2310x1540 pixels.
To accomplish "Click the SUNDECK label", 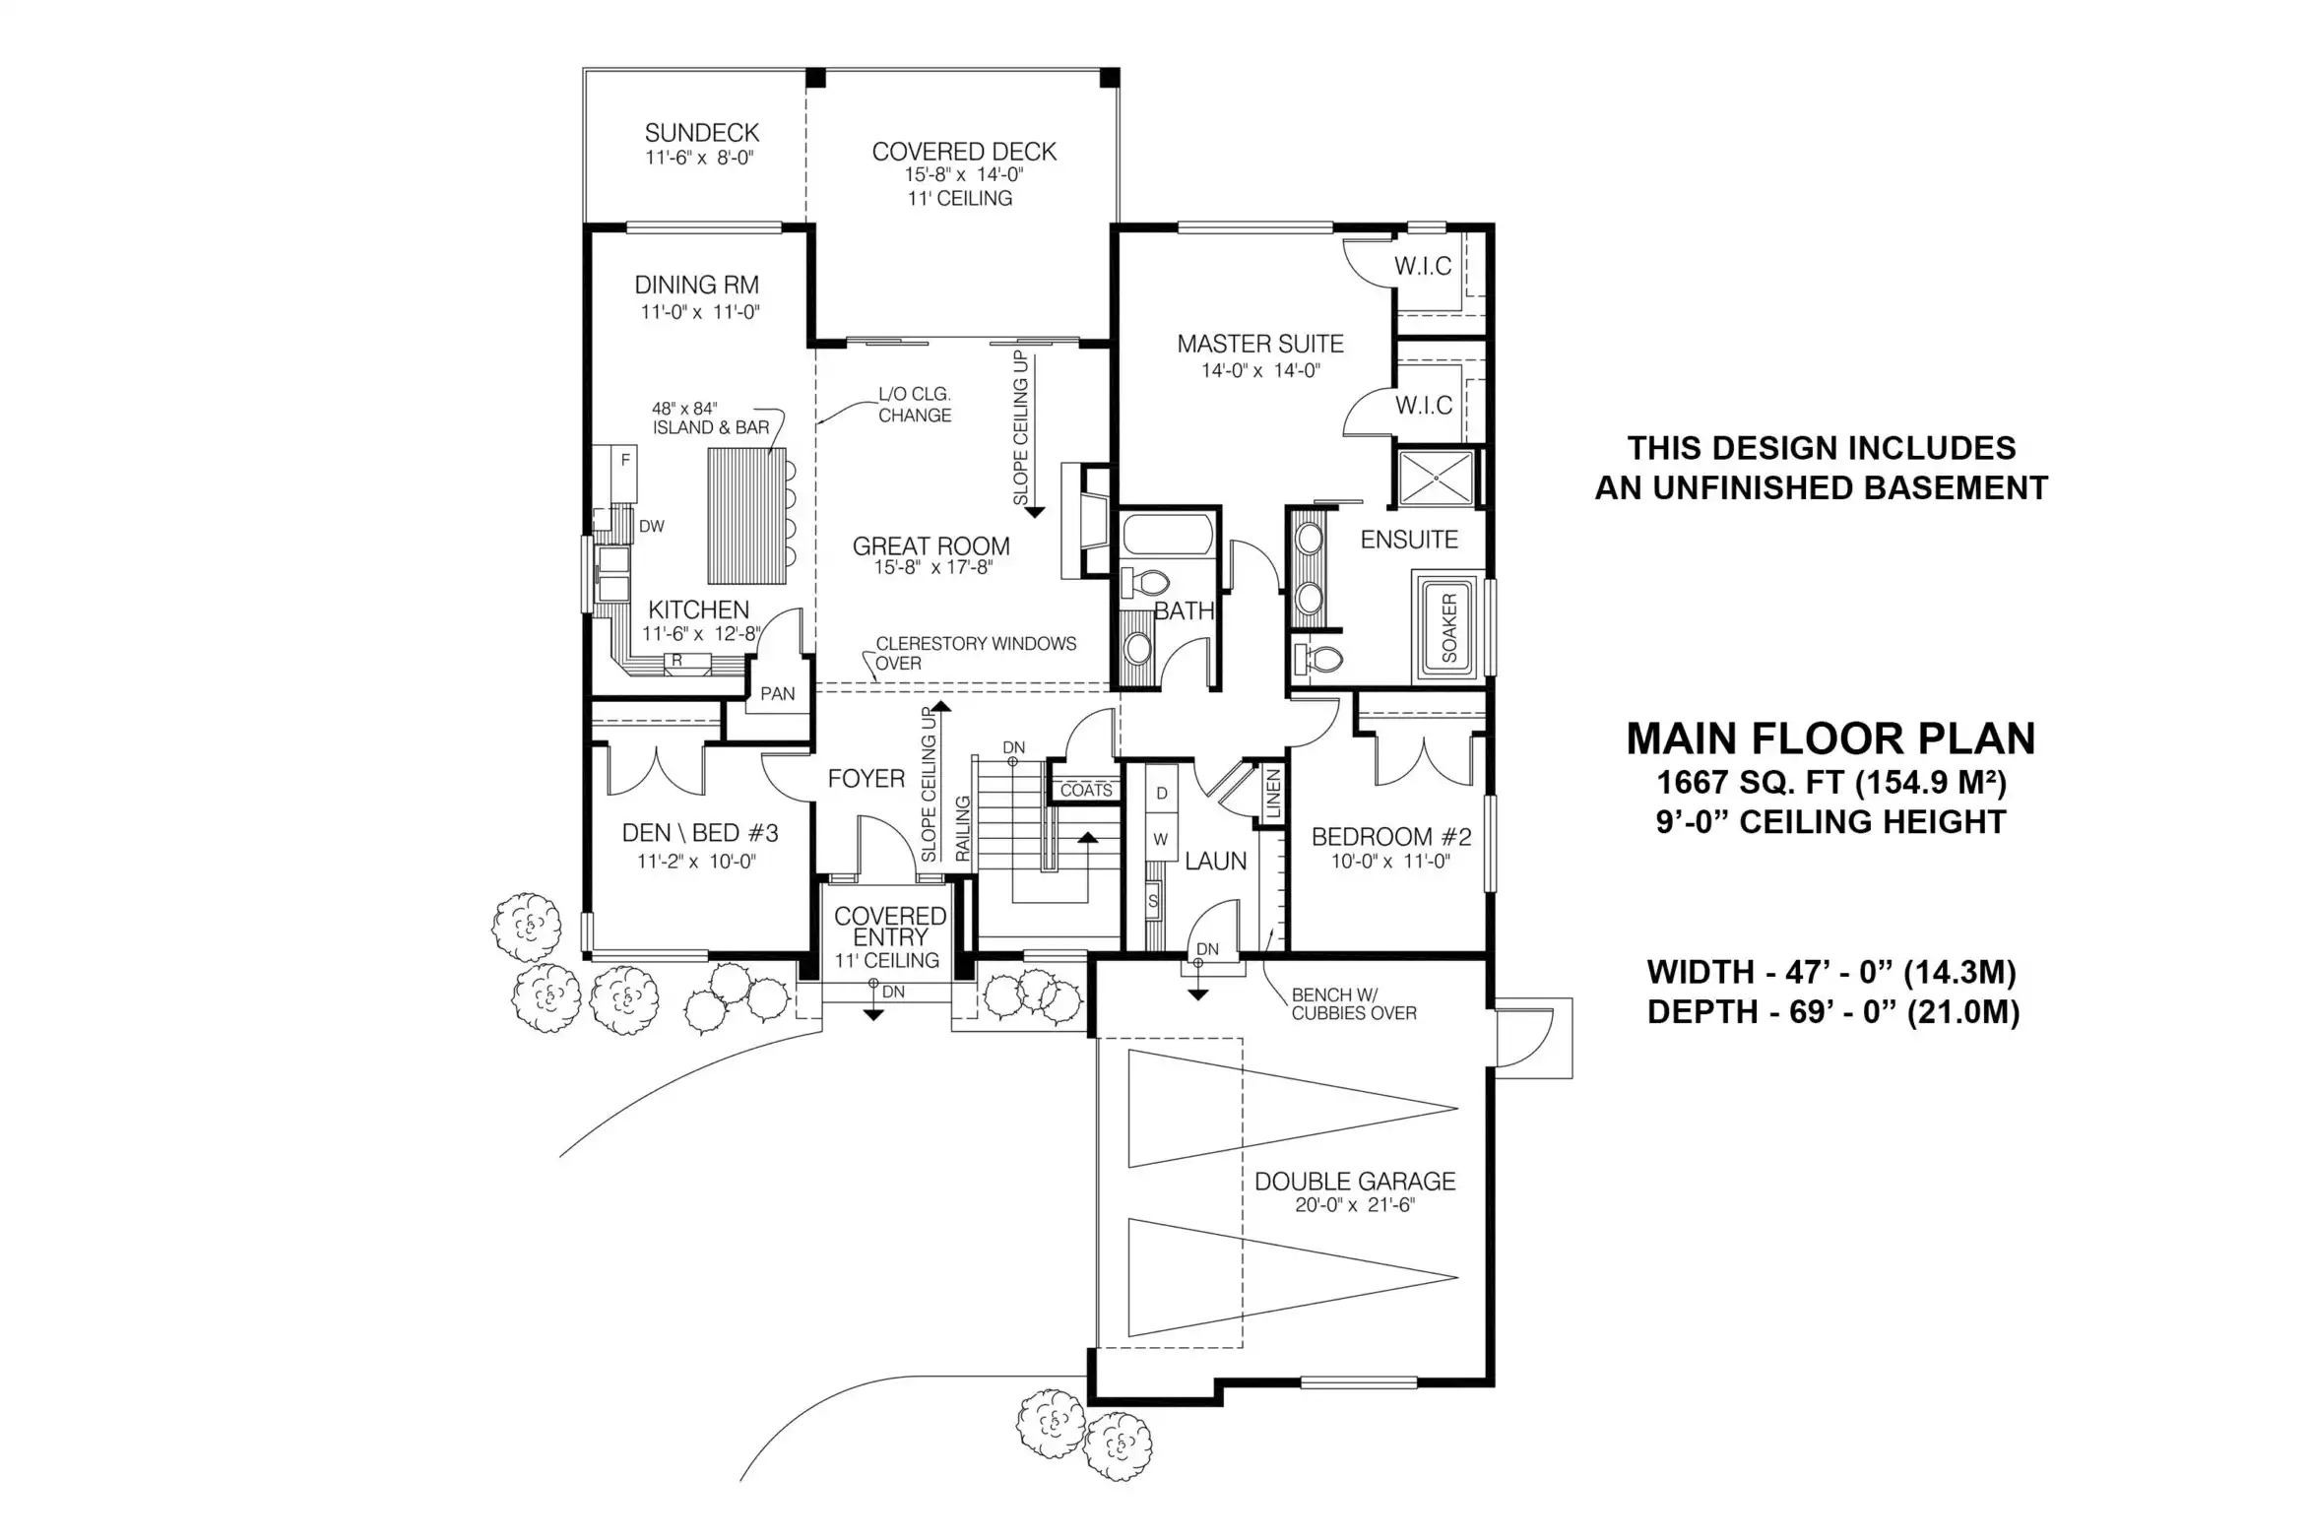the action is pos(702,133).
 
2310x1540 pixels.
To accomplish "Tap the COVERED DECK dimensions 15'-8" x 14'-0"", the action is pos(964,175).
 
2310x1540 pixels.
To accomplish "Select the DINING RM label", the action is pos(697,286).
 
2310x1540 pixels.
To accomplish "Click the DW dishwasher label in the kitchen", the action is pos(652,527).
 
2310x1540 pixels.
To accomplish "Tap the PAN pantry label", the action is pos(778,694).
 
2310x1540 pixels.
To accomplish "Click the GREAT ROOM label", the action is pos(931,546).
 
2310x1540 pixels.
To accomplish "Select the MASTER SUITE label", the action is pos(1260,344).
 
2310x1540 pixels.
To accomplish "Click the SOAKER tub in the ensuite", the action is pos(1449,627).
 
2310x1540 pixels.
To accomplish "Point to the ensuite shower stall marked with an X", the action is pos(1436,479).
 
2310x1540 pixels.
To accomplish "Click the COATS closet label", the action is pos(1086,791).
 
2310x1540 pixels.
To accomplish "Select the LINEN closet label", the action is pos(1273,794).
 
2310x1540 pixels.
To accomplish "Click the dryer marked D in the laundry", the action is pos(1162,793).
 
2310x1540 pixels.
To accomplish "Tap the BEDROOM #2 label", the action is pos(1391,837).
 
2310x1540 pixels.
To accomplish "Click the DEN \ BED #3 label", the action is pos(700,833).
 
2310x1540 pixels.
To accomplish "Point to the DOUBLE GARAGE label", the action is pos(1355,1182).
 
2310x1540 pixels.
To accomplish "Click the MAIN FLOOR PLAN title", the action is pos(1830,738).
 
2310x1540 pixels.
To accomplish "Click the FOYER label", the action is pos(866,779).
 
